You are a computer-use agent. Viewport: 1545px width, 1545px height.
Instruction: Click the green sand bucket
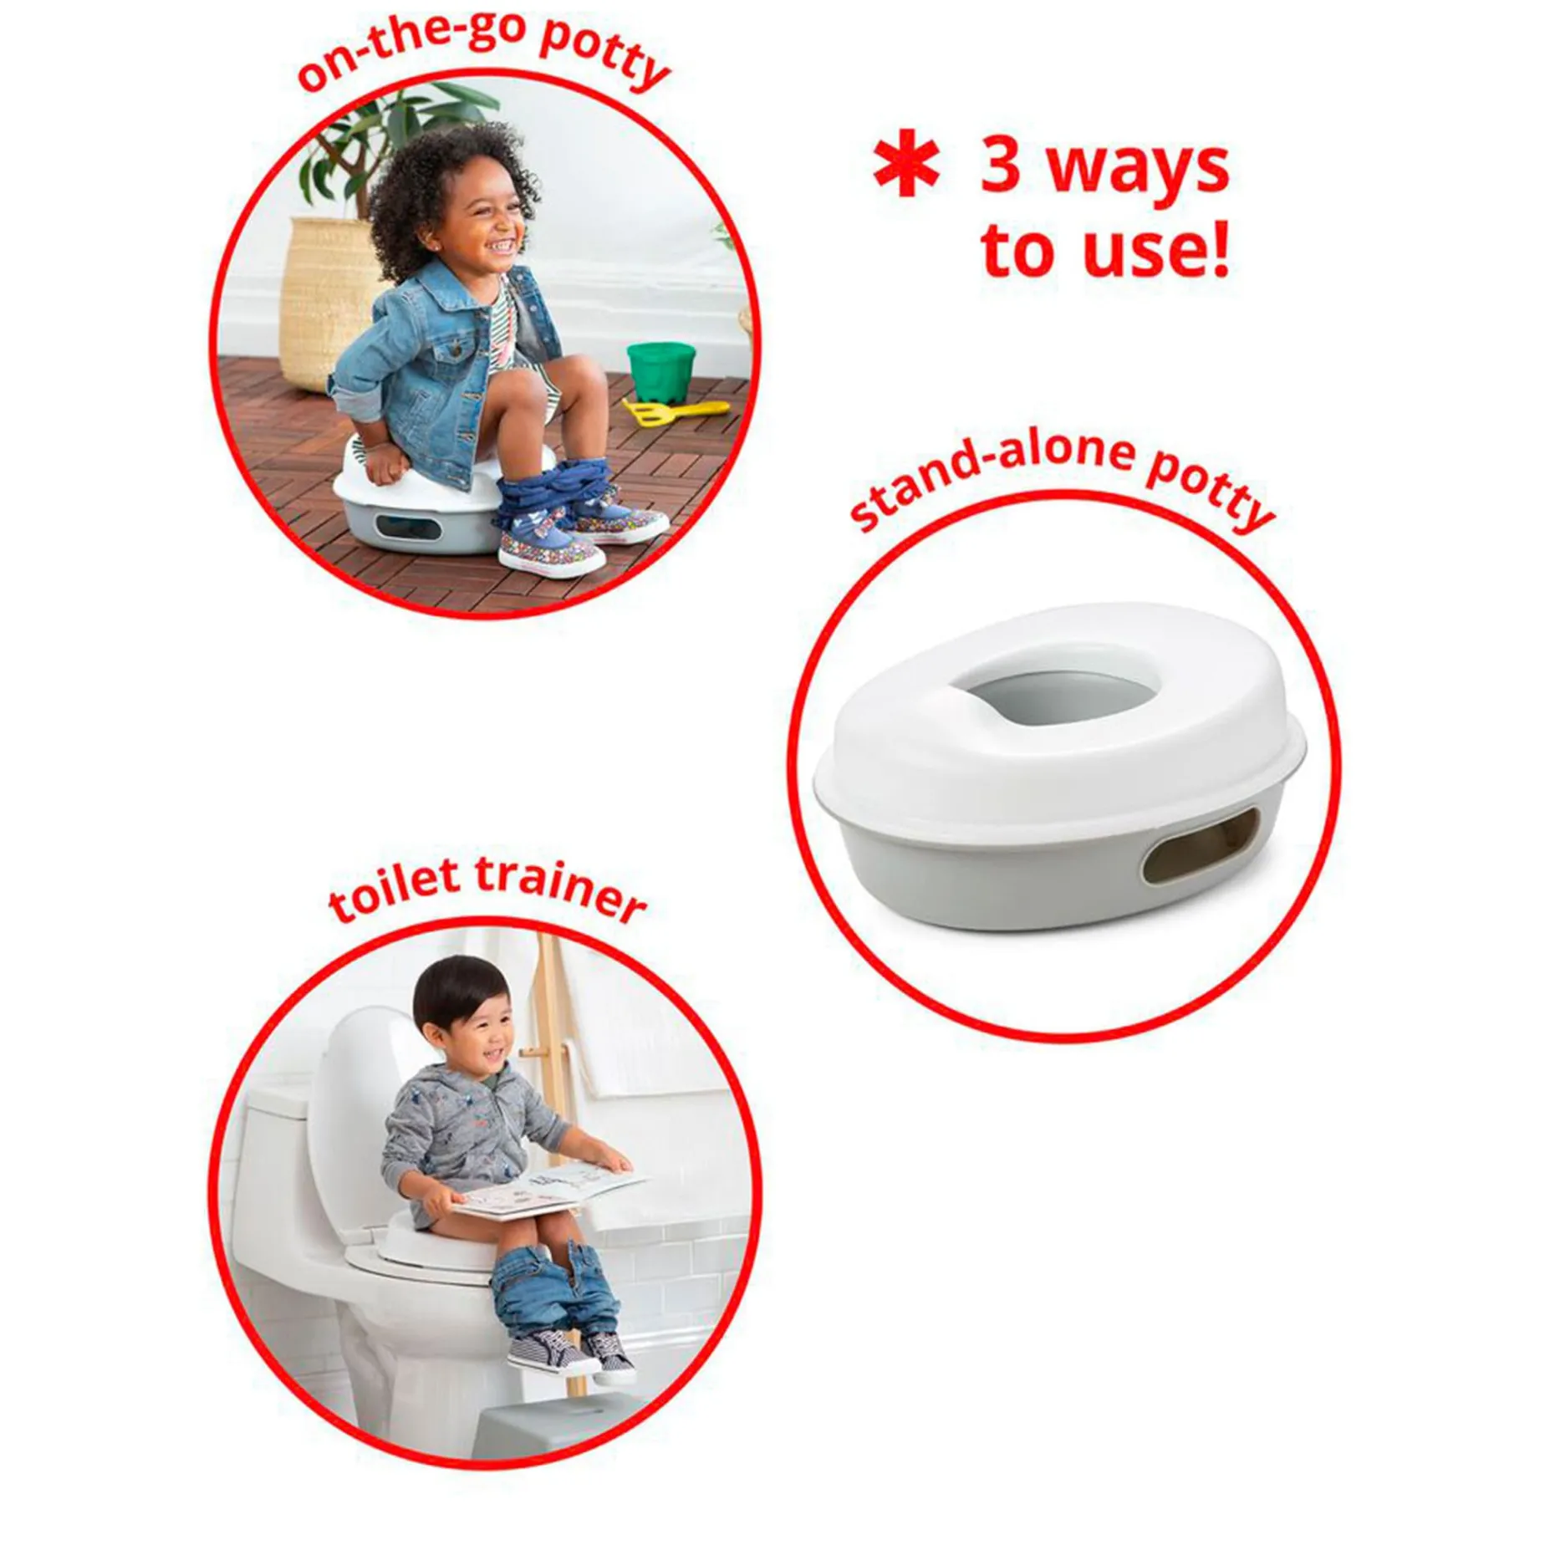(x=661, y=370)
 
